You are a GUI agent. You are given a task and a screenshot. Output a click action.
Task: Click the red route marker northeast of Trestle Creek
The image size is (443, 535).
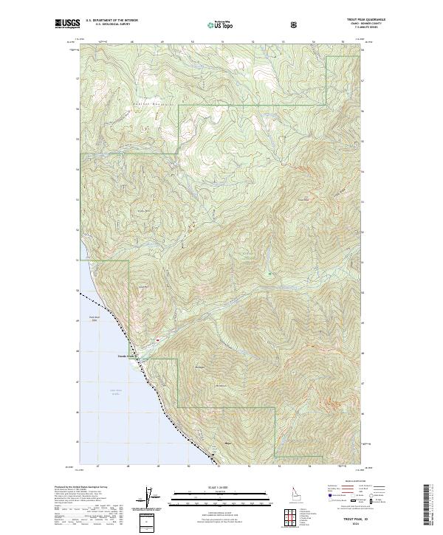point(157,339)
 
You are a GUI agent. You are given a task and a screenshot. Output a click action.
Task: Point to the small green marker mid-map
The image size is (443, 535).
point(270,274)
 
